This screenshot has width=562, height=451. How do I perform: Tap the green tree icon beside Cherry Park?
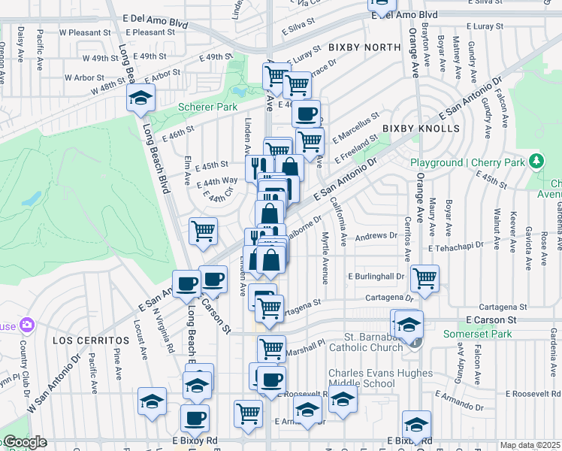pos(536,161)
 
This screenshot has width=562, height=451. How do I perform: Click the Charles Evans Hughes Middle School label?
pos(380,378)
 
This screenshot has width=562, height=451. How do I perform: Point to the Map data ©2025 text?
pos(530,445)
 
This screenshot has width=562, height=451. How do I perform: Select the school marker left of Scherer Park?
pos(140,98)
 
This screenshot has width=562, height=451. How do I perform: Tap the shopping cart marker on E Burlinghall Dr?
pos(425,277)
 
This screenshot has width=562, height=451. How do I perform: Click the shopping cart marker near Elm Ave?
pos(203,231)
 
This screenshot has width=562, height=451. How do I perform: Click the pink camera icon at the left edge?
pos(28,325)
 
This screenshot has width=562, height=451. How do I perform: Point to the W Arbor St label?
pos(83,77)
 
